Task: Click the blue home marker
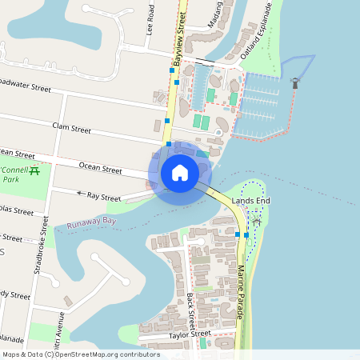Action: point(180,173)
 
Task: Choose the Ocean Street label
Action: point(100,169)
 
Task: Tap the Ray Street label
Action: point(104,196)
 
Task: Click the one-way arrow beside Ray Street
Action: point(80,193)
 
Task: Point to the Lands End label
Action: point(248,200)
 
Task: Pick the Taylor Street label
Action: point(190,334)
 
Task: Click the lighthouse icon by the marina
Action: point(295,82)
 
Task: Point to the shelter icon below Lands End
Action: point(257,218)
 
